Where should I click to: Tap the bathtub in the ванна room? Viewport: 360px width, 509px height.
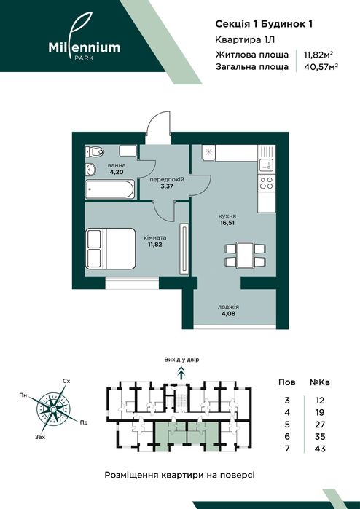[x=109, y=189]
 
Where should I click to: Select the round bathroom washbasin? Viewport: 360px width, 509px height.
[x=90, y=169]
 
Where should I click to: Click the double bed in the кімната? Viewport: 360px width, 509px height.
[x=111, y=248]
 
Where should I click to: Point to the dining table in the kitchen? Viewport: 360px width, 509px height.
[x=246, y=255]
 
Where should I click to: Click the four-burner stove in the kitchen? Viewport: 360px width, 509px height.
[x=267, y=183]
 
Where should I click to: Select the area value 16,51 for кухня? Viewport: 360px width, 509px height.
[x=227, y=223]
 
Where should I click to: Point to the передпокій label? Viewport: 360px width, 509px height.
[x=167, y=179]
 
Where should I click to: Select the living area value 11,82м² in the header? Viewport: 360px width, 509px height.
[x=318, y=54]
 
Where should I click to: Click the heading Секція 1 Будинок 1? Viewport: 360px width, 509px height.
[x=264, y=24]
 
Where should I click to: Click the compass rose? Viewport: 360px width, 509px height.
[x=52, y=409]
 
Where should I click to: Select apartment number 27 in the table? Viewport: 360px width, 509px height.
[x=320, y=425]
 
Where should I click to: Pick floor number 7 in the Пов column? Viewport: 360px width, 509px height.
[x=287, y=449]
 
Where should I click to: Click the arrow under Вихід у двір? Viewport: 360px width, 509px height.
[x=181, y=372]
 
